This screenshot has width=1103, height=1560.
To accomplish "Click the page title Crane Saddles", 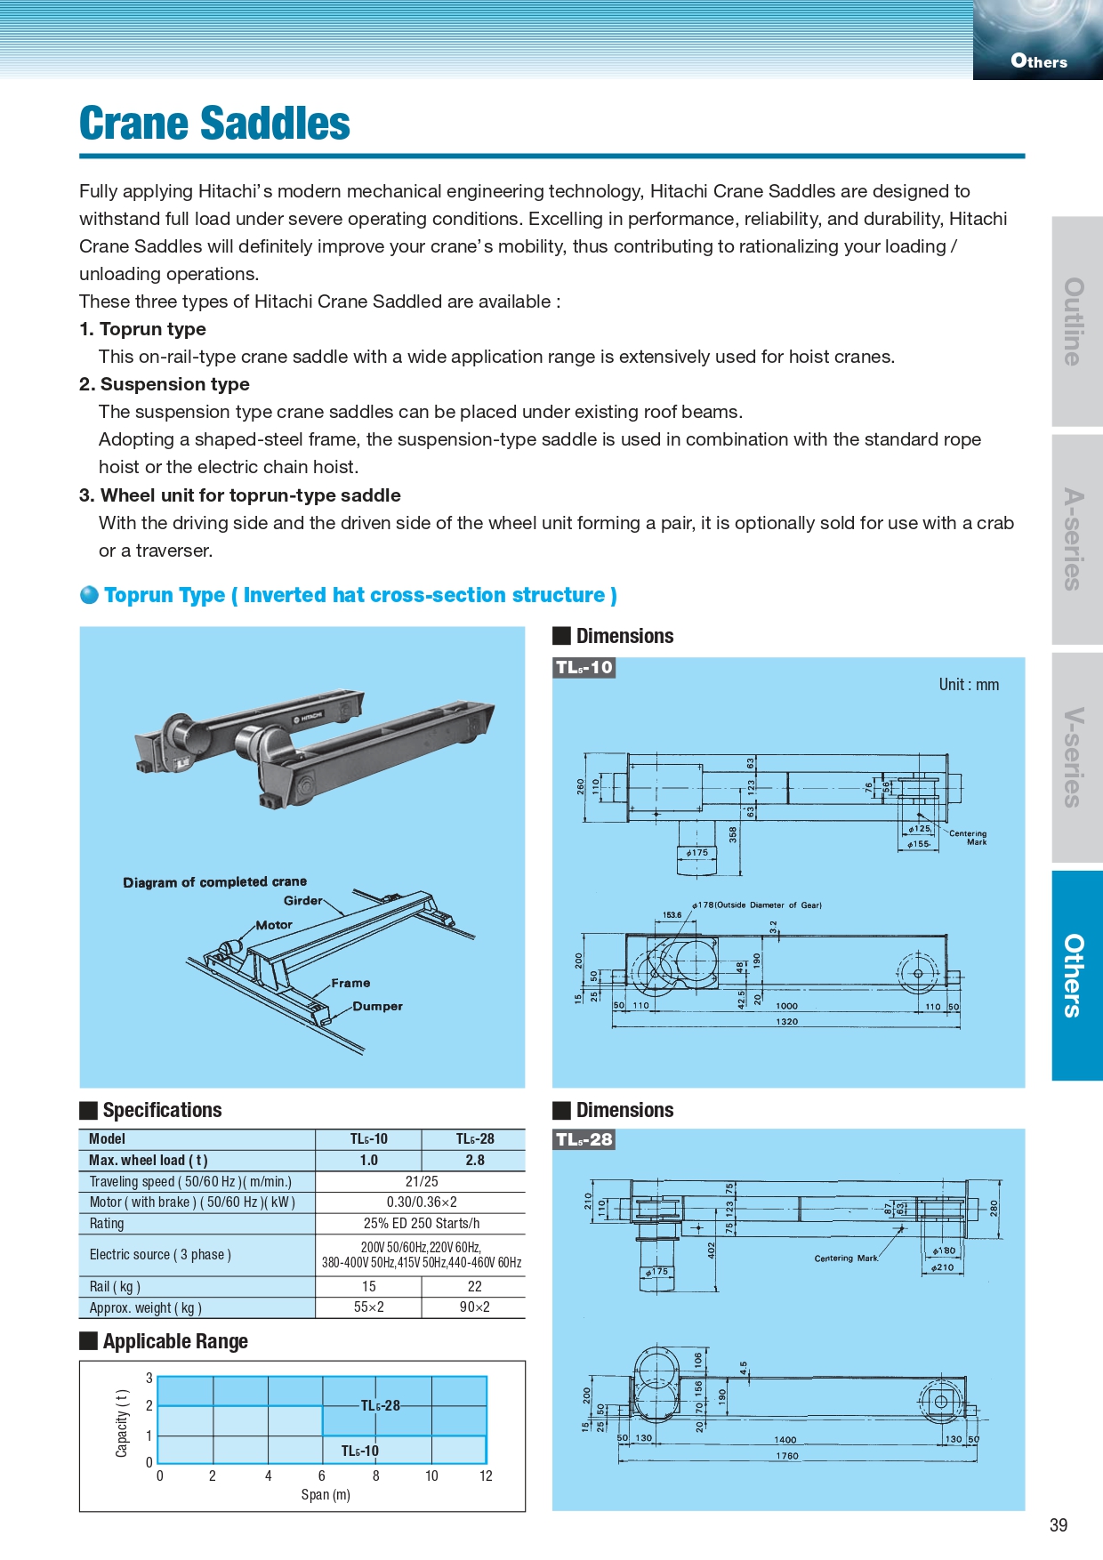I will point(214,124).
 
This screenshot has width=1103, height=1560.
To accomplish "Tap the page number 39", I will point(1058,1525).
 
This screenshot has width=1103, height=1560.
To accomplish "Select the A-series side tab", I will point(1075,539).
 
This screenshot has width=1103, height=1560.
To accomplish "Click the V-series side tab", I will point(1075,758).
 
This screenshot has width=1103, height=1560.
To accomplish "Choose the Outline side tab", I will point(1075,321).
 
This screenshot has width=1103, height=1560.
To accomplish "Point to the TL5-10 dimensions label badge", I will point(584,668).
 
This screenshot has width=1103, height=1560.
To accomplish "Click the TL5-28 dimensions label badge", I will point(584,1139).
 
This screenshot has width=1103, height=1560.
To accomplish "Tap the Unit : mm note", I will point(969,685).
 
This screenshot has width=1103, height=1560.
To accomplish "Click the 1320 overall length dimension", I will point(786,1022).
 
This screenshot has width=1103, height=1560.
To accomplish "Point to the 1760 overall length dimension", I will point(786,1456).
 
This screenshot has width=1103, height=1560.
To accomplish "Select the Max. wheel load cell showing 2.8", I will point(475,1161).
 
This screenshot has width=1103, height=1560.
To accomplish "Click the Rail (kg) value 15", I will point(368,1287).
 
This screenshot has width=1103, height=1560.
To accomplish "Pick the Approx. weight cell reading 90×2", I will point(475,1307).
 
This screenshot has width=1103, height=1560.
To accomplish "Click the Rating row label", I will point(107,1224).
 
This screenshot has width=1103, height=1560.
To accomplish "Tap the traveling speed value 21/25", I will point(422,1182).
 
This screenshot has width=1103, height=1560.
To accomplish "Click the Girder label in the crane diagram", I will point(302,901).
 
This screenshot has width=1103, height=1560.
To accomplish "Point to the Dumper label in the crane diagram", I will point(377,1007).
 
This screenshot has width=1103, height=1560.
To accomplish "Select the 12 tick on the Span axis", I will point(486,1476).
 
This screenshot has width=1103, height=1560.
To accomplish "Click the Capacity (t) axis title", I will point(122,1423).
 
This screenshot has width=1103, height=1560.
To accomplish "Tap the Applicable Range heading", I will point(175,1341).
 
